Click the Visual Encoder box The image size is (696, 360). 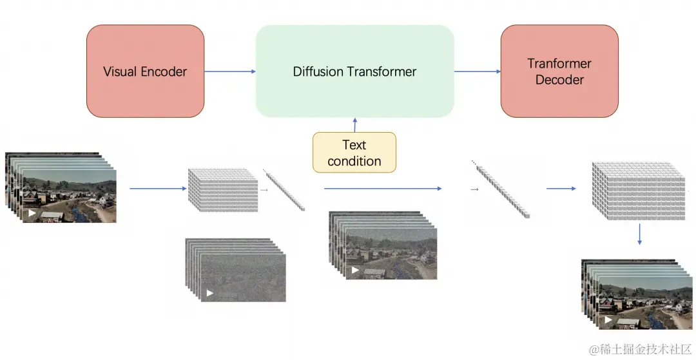pyautogui.click(x=145, y=71)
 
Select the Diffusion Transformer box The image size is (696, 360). pyautogui.click(x=354, y=71)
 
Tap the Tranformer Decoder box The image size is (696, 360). pyautogui.click(x=559, y=71)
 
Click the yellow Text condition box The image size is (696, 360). pyautogui.click(x=354, y=153)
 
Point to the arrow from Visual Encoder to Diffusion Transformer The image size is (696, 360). pyautogui.click(x=230, y=71)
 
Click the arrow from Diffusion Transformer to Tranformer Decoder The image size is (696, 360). pyautogui.click(x=478, y=71)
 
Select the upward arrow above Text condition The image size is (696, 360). pyautogui.click(x=354, y=125)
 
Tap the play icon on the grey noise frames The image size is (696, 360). pyautogui.click(x=209, y=293)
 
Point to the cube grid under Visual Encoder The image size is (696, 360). pyautogui.click(x=222, y=191)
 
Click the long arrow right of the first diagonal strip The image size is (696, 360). pyautogui.click(x=382, y=189)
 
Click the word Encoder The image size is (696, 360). pyautogui.click(x=166, y=71)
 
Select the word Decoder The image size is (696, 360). pyautogui.click(x=559, y=80)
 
